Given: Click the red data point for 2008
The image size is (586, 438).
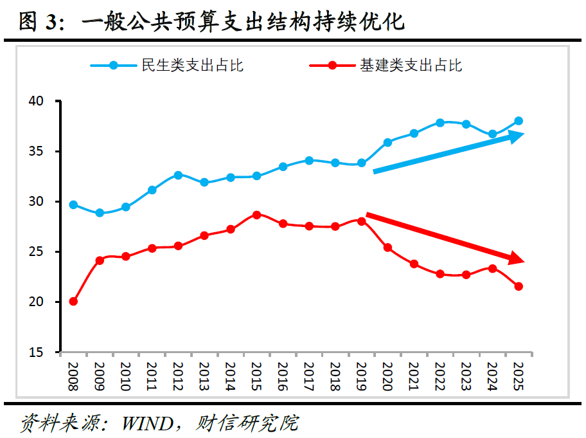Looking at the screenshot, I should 73,301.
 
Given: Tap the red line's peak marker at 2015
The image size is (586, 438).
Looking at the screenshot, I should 256,215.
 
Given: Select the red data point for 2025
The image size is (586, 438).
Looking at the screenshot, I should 519,286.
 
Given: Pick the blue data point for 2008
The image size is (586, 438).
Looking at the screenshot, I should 73,205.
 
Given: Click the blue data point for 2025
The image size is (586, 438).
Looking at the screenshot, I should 519,121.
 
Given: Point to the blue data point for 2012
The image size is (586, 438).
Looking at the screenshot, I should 178,175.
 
